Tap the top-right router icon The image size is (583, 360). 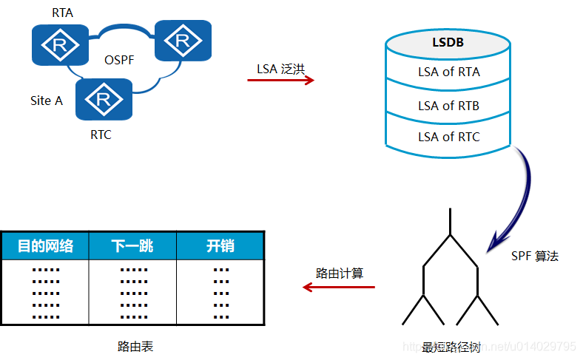(x=183, y=40)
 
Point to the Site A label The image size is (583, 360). (x=46, y=101)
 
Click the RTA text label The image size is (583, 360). (x=62, y=13)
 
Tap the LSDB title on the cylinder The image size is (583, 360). (x=448, y=42)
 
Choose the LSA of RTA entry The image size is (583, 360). (x=448, y=72)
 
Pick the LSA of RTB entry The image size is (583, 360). (x=448, y=106)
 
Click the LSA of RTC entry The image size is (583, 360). (x=448, y=137)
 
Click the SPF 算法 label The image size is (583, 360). (x=534, y=256)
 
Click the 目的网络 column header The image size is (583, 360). (x=45, y=246)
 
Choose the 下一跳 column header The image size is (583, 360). (x=132, y=246)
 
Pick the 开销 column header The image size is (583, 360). (x=220, y=246)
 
